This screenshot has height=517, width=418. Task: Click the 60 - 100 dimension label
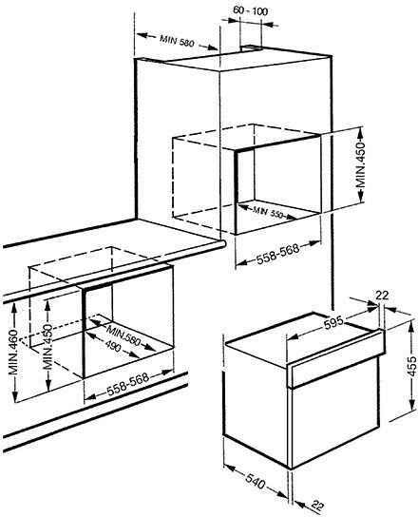(250, 10)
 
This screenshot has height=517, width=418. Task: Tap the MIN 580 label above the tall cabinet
(177, 41)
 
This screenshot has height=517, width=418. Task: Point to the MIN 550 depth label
(268, 212)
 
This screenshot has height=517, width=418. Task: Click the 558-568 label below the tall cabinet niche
(278, 253)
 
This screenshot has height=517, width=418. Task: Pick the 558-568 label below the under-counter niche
(128, 384)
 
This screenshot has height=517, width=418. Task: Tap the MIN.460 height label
(13, 352)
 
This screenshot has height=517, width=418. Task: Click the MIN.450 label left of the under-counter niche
(48, 347)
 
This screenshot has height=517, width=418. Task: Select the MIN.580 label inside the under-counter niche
(123, 335)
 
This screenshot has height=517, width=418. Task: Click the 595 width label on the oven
(333, 323)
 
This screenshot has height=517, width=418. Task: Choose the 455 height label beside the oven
(412, 366)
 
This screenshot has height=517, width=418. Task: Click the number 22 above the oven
(382, 296)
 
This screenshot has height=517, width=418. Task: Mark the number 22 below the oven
(318, 507)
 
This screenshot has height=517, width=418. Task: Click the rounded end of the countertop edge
(223, 244)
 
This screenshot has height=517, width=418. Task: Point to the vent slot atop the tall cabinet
(252, 48)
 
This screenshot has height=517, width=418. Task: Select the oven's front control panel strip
(335, 358)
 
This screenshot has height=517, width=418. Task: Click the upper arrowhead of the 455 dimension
(411, 326)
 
